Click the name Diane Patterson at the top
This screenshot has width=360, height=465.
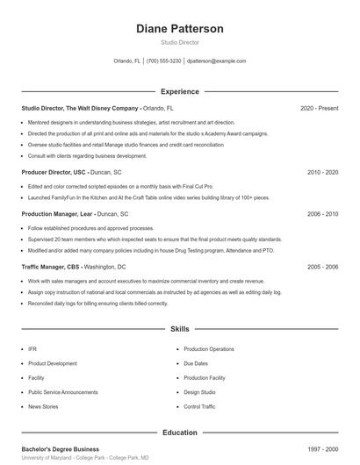(x=180, y=29)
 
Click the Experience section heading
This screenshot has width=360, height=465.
(x=180, y=91)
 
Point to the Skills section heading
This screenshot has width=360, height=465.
(x=180, y=329)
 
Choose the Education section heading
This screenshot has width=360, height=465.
(x=180, y=433)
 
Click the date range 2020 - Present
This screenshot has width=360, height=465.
(x=319, y=108)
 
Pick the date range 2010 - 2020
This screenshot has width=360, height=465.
(x=322, y=172)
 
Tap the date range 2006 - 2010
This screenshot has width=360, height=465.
(x=322, y=213)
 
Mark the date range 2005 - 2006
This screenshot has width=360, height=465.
(x=322, y=267)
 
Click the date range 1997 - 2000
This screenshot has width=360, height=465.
(x=322, y=448)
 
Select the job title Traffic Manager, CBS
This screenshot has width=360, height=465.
(x=51, y=267)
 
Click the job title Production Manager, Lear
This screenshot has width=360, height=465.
(x=57, y=213)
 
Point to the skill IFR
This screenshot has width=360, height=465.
(x=32, y=349)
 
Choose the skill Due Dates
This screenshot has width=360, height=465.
(x=196, y=363)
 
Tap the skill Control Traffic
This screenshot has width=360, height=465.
(x=199, y=407)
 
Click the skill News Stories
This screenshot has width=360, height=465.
(x=43, y=407)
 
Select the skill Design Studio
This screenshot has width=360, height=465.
(x=199, y=392)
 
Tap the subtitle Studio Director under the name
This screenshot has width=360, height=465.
(x=180, y=42)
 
